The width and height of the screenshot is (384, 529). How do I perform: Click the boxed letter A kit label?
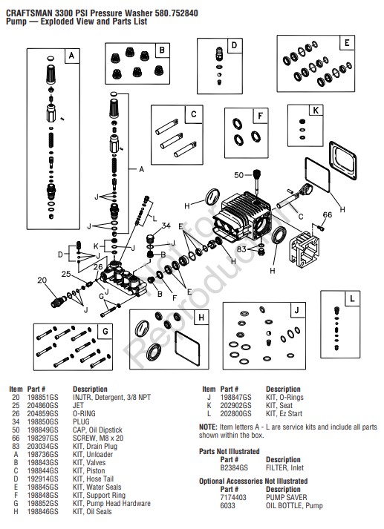71,55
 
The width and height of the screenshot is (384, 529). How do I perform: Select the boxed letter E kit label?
346,44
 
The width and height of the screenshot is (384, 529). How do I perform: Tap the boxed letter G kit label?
105,330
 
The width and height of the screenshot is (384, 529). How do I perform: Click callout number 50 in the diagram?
238,175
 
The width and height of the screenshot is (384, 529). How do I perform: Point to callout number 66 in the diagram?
328,215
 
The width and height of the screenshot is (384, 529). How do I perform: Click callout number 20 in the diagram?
43,280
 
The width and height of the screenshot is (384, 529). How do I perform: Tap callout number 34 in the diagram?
166,226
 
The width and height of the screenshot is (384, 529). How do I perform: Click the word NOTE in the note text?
208,427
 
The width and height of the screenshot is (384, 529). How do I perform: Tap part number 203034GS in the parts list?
42,447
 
